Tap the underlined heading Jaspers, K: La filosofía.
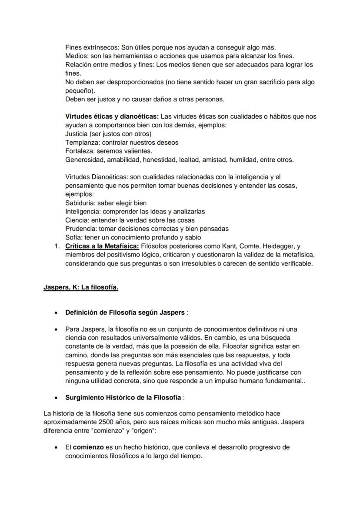pyautogui.click(x=81, y=287)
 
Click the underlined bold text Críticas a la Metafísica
pyautogui.click(x=103, y=246)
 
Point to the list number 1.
pyautogui.click(x=56, y=246)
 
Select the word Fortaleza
pyautogui.click(x=79, y=151)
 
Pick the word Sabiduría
pyautogui.click(x=80, y=203)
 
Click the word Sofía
pyautogui.click(x=73, y=237)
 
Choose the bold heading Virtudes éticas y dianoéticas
pyautogui.click(x=112, y=116)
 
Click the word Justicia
pyautogui.click(x=76, y=134)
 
